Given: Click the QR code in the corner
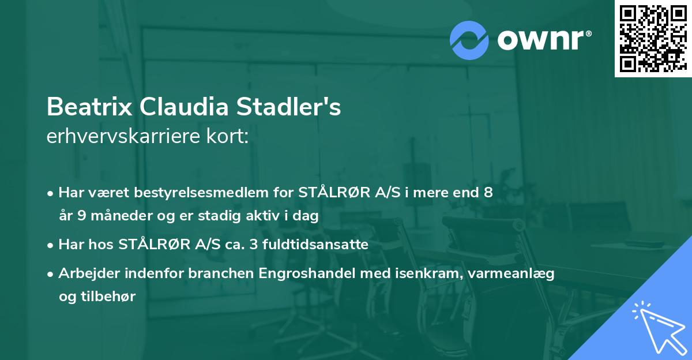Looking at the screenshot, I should (653, 39).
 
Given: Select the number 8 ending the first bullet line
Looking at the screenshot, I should (488, 193).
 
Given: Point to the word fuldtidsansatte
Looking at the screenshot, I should (316, 245).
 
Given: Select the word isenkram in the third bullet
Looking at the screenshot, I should (424, 273).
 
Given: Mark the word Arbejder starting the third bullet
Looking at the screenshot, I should (84, 273).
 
